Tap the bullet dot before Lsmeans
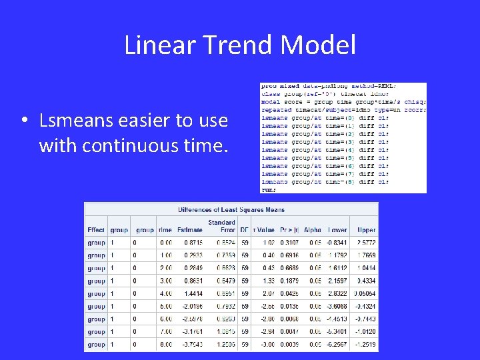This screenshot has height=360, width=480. (23, 121)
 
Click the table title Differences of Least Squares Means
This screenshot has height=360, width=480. (231, 210)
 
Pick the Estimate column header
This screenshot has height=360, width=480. (189, 230)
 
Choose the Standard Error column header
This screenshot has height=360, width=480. (221, 226)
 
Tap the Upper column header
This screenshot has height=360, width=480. (366, 230)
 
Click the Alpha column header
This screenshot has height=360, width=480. (312, 230)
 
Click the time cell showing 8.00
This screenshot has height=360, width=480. (163, 345)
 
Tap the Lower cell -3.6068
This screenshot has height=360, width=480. (337, 307)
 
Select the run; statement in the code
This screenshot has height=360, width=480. (268, 189)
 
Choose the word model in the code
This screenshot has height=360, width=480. (270, 101)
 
